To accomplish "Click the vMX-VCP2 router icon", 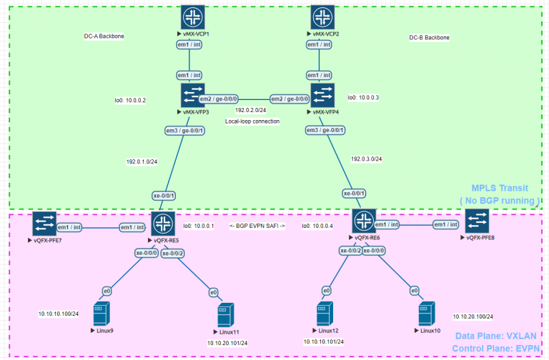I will pyautogui.click(x=323, y=17).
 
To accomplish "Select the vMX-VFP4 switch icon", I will pyautogui.click(x=323, y=96).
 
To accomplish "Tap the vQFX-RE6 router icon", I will pyautogui.click(x=364, y=221).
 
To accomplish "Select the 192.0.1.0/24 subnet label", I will pyautogui.click(x=142, y=161).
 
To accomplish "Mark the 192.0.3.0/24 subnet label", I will pyautogui.click(x=366, y=159).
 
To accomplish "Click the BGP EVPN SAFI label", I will pyautogui.click(x=257, y=226).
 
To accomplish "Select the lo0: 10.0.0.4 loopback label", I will pyautogui.click(x=317, y=226).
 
